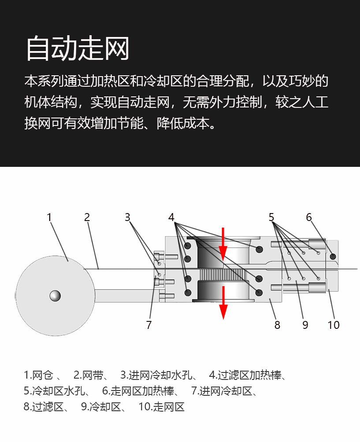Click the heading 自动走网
coord(78,48)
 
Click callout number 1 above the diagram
coord(49,217)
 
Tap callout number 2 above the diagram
coord(87,217)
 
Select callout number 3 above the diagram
coord(127,217)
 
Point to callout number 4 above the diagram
coord(171,217)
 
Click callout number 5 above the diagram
coord(271,217)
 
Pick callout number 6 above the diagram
coord(309,217)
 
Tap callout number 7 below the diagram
coord(149,325)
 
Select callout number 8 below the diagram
coord(277,325)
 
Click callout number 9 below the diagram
coord(305,325)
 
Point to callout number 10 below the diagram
coord(334,325)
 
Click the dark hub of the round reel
coord(55,296)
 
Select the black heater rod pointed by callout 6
coord(333,256)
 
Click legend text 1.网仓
coord(38,376)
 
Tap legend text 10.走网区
coord(161,407)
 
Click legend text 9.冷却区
coord(101,407)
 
